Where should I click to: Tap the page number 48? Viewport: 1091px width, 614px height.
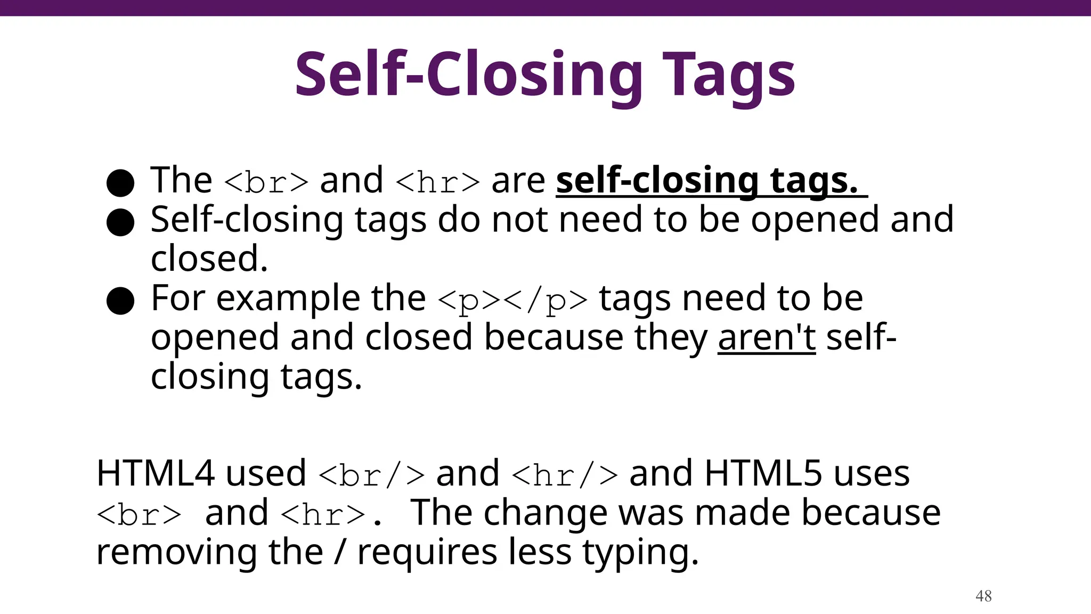coord(983,596)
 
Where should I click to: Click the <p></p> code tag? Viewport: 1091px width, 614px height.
coord(512,300)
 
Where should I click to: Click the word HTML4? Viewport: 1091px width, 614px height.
coord(155,473)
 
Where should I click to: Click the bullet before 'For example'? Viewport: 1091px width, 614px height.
coord(120,301)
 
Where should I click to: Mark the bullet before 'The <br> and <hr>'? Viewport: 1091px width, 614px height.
coord(120,183)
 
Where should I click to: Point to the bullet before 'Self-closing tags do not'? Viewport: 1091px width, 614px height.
coord(120,222)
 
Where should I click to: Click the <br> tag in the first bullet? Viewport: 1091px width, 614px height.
coord(266,182)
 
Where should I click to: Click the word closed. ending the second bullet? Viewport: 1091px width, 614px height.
coord(209,259)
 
